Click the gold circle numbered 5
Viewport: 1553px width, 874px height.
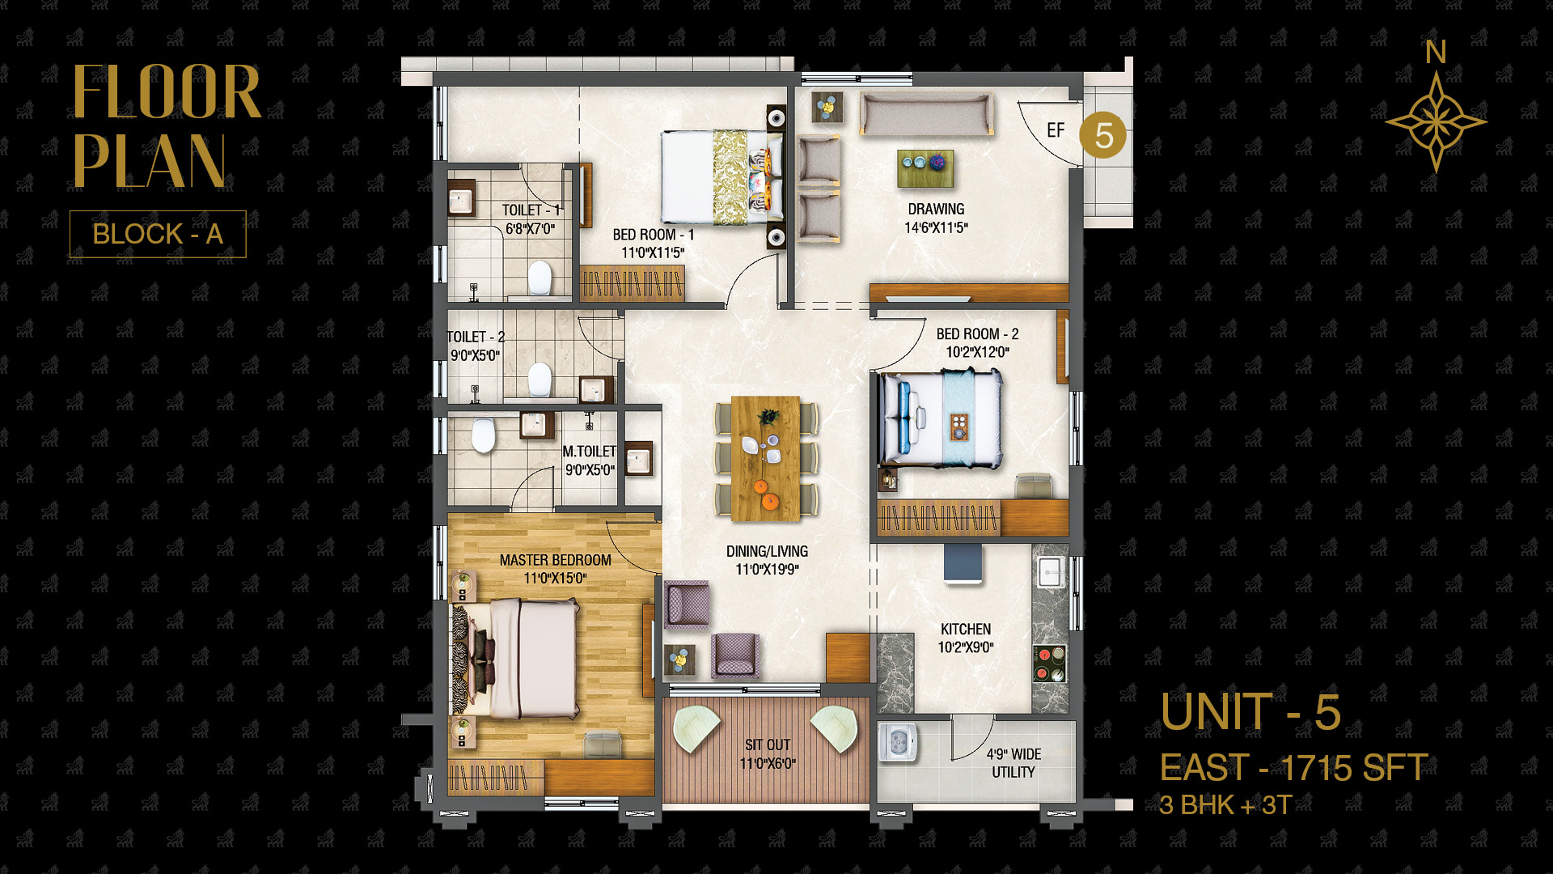[1103, 135]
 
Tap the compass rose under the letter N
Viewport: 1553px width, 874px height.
[1436, 122]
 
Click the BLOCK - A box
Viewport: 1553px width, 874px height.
[158, 234]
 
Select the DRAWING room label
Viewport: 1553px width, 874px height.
[936, 209]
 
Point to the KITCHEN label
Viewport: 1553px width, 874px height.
[966, 629]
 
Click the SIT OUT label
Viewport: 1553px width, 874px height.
[768, 745]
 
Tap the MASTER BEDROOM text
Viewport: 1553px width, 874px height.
[556, 560]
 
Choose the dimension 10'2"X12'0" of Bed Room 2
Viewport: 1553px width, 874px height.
[978, 352]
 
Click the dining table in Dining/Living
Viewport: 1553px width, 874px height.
[766, 458]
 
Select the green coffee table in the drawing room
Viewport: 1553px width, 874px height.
[925, 169]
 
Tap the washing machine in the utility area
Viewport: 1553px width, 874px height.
[898, 742]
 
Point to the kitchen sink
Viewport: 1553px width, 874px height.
[1051, 572]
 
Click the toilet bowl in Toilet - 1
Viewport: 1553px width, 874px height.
[540, 278]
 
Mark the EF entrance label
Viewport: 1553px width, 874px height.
[1056, 130]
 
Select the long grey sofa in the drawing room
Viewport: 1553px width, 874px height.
[927, 114]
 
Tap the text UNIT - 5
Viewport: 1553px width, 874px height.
[1250, 712]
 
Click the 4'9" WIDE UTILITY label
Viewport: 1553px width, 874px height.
[1013, 763]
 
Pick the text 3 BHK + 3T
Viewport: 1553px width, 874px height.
[1225, 805]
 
